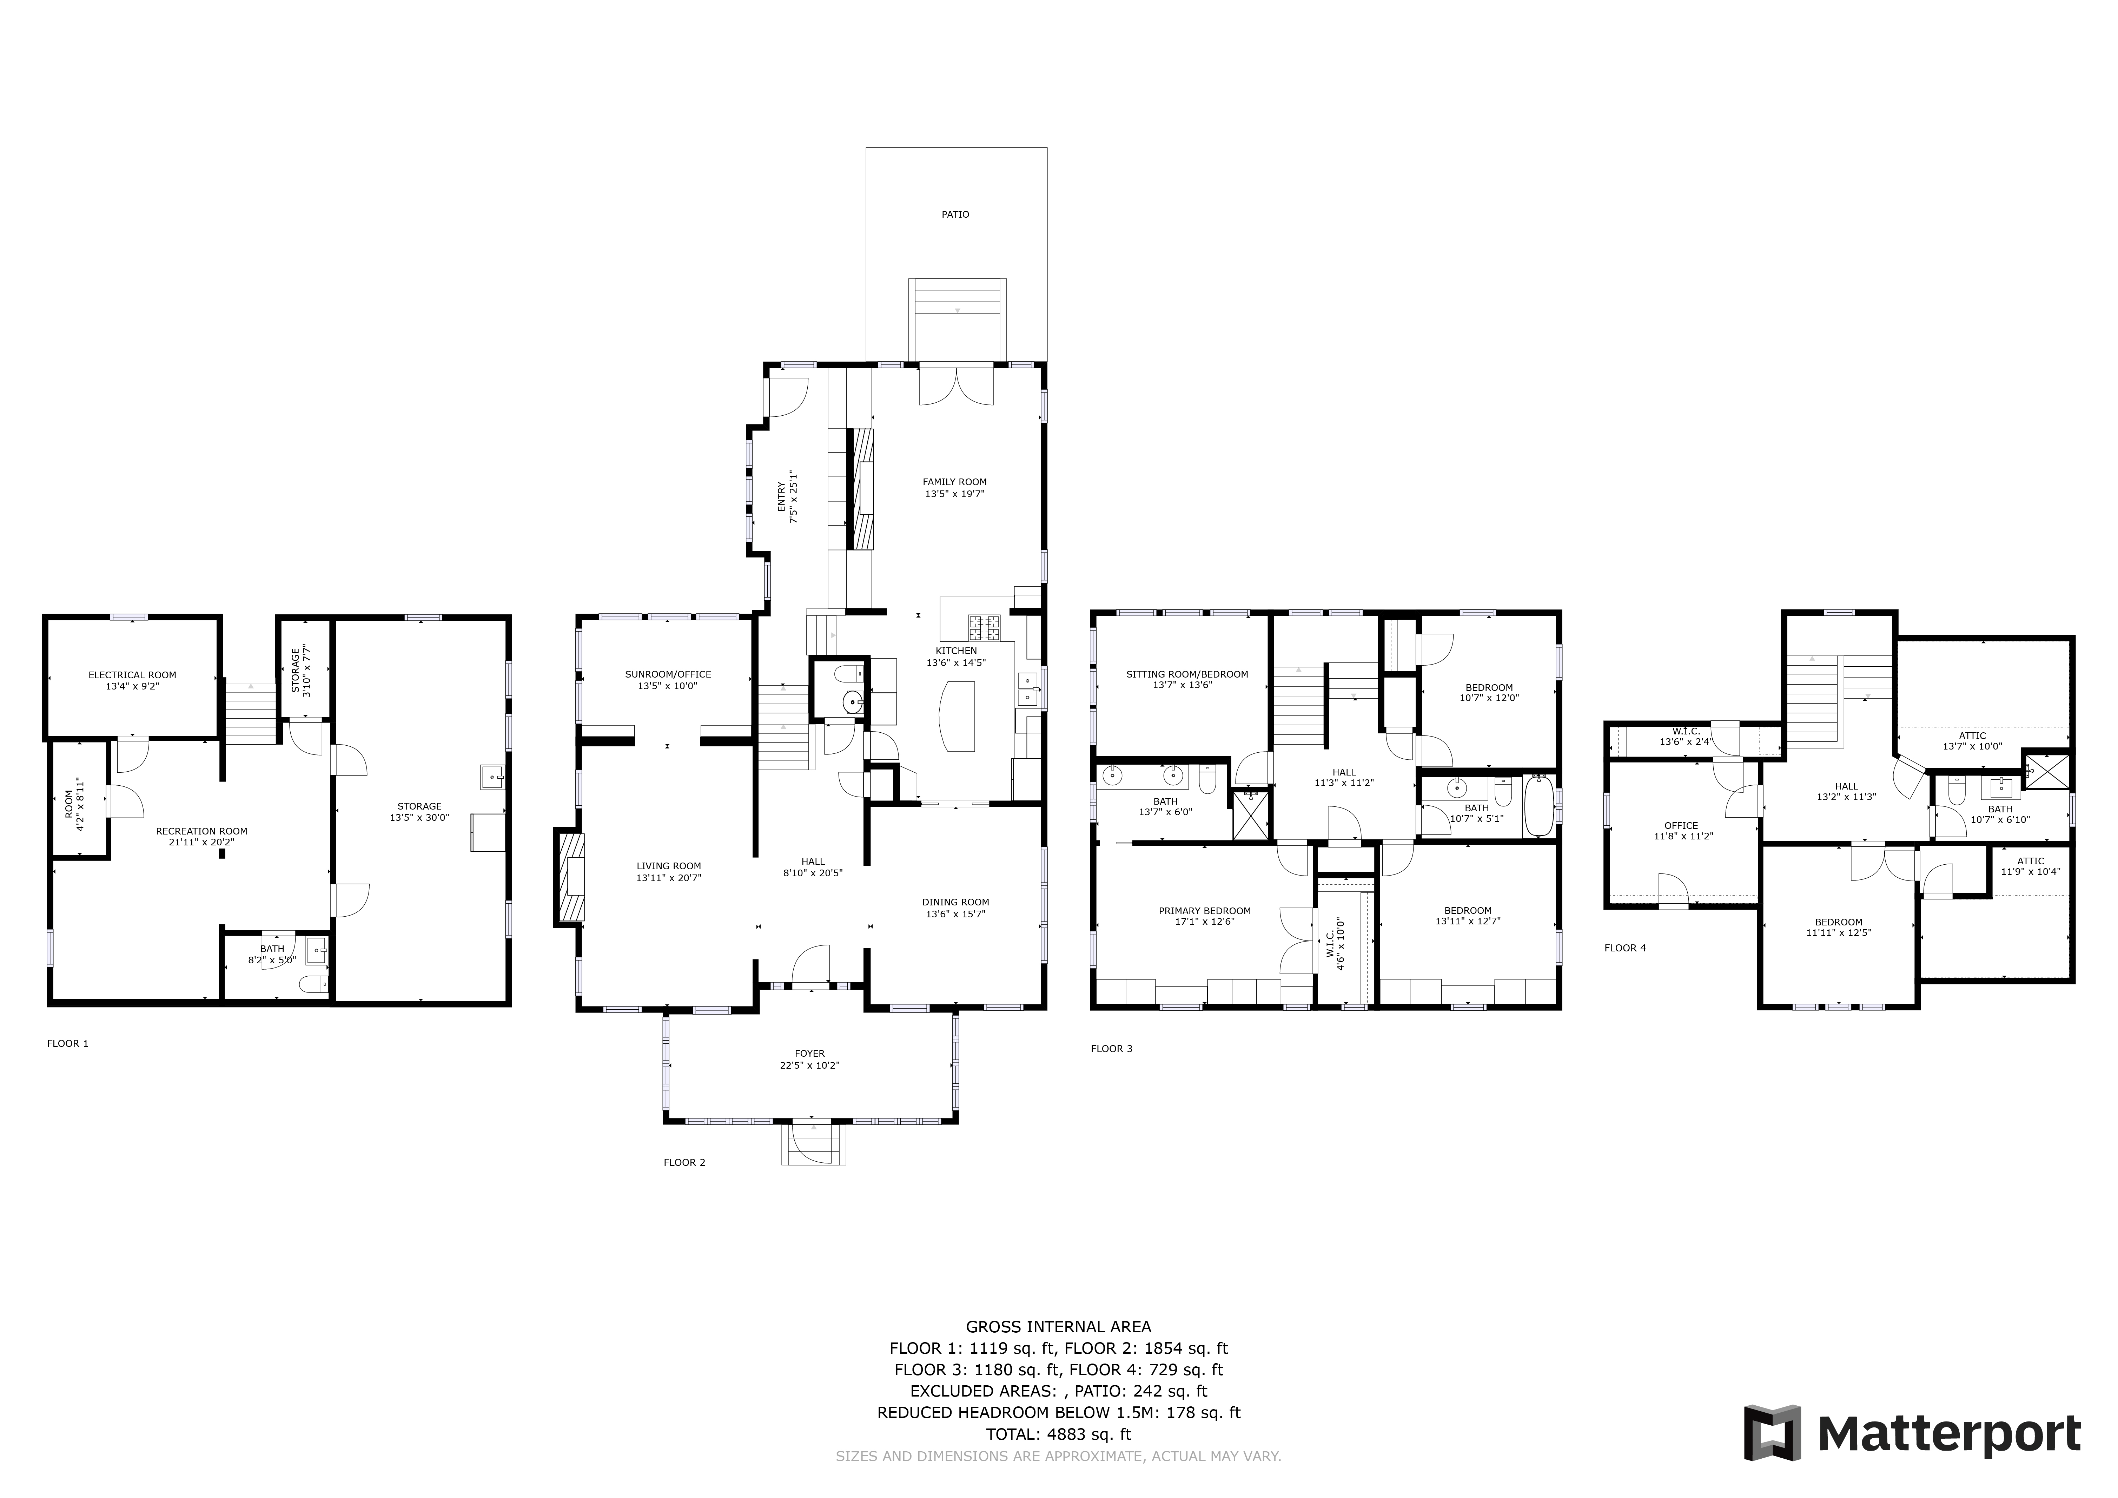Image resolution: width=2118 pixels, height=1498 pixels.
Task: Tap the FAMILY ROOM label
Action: pos(955,482)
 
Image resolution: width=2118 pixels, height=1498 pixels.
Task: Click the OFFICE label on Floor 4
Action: pos(1681,826)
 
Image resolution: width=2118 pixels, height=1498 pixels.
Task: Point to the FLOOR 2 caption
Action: pos(684,1162)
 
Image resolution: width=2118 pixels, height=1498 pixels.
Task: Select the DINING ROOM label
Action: pos(956,902)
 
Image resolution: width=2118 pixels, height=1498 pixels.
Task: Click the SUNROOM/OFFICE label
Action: pos(668,674)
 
